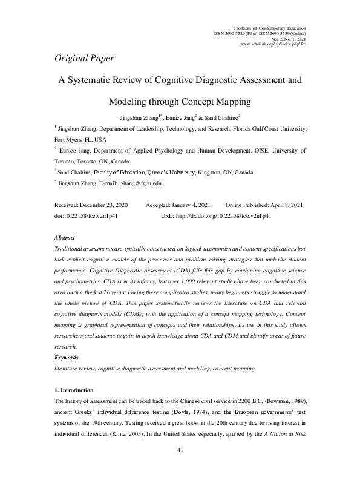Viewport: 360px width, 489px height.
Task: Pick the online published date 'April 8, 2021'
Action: point(288,205)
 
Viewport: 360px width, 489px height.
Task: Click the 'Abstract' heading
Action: point(65,238)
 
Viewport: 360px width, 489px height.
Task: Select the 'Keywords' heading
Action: point(67,358)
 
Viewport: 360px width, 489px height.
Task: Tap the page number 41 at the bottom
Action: point(180,467)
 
